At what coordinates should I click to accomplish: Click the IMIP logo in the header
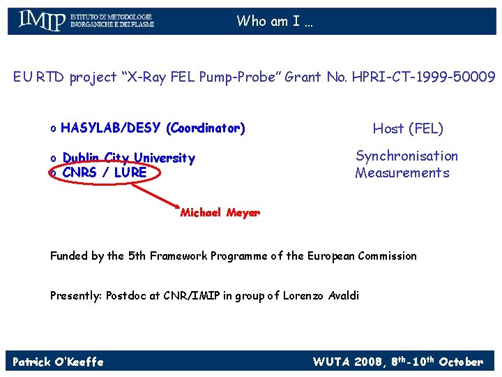tap(85, 20)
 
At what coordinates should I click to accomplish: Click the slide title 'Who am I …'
tap(275, 21)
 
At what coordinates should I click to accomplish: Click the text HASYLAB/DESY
tap(111, 128)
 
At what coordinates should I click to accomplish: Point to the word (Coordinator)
tap(206, 128)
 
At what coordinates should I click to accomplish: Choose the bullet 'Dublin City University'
tap(128, 158)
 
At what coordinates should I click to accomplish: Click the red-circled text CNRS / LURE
tap(104, 172)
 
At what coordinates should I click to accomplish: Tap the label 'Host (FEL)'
tap(408, 128)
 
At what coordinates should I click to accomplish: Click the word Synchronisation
tap(406, 156)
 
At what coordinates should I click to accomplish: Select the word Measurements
tap(402, 172)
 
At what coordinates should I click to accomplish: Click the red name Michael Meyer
tap(220, 213)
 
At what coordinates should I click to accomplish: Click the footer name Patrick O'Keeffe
tap(58, 362)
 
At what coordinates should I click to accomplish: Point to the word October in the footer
tap(461, 362)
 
